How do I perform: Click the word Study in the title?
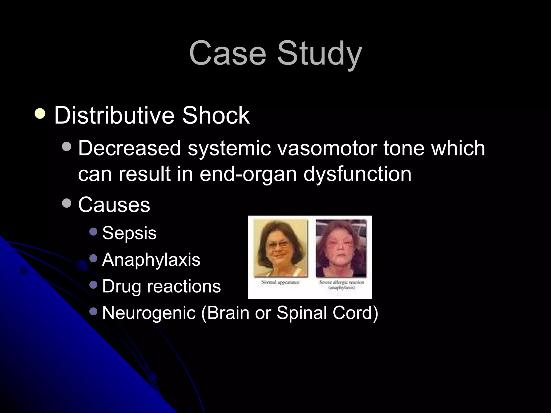coord(319,54)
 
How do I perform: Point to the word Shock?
coord(216,116)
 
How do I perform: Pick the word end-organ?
coord(248,174)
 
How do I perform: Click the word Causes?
coord(114,205)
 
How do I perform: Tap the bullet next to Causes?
coord(66,203)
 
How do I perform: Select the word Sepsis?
coord(129,233)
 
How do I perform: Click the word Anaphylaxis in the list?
coord(151,260)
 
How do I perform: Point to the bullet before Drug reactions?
coord(93,284)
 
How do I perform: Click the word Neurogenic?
coord(149,313)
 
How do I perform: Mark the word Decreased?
coord(129,148)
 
